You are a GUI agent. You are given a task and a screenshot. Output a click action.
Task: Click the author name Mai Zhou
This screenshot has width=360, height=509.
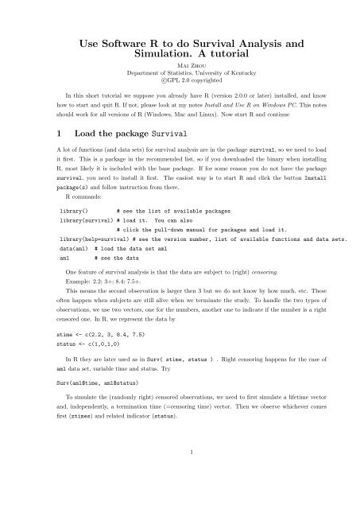tap(180, 66)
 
